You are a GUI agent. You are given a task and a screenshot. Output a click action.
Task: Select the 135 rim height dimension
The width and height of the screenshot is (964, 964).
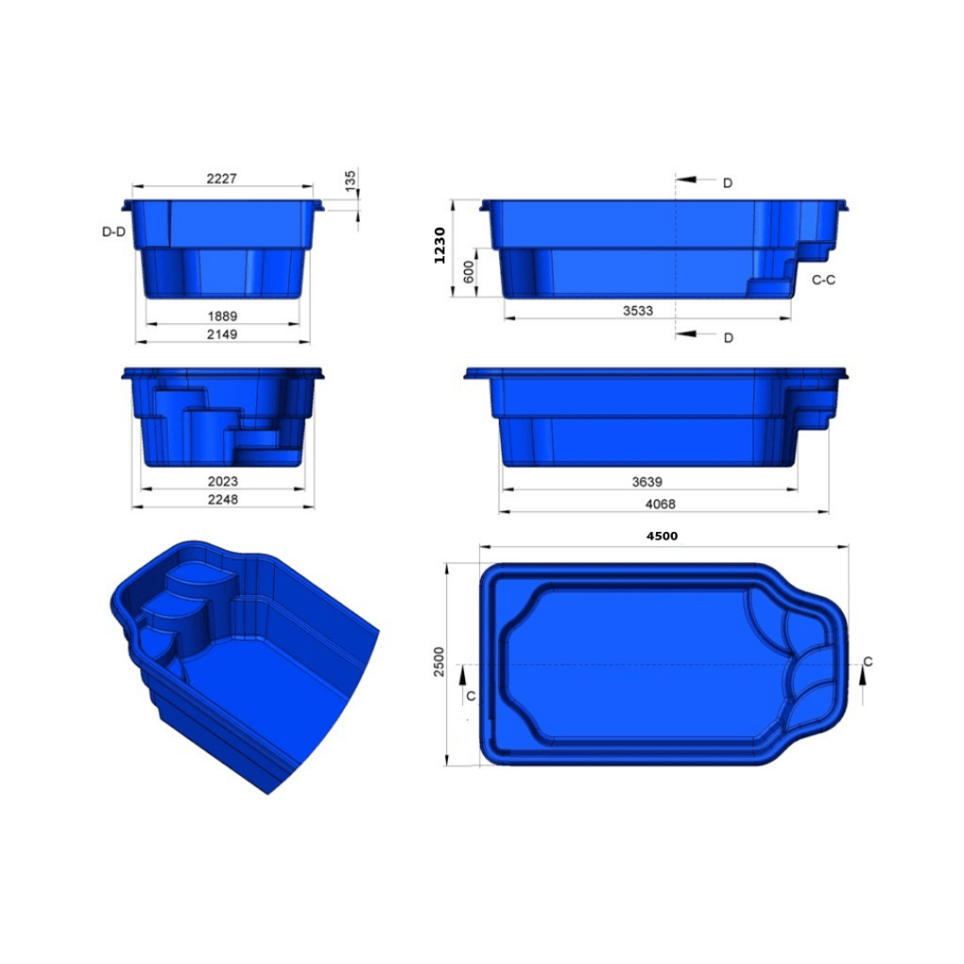pos(350,181)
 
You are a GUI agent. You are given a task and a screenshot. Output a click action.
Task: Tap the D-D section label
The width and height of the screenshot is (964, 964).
pos(113,231)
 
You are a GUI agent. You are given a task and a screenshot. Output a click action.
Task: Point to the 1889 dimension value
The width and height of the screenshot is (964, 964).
pos(222,316)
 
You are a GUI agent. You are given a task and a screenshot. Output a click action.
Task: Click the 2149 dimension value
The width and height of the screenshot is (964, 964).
pos(222,334)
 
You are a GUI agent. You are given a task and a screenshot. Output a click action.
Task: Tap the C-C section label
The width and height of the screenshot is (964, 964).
pos(824,280)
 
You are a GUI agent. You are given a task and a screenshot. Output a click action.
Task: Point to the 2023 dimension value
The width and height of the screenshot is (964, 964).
pos(222,482)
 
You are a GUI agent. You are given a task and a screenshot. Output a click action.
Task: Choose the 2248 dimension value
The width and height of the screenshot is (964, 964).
pos(222,500)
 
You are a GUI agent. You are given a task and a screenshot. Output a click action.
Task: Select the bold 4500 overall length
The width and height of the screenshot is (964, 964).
pos(662,536)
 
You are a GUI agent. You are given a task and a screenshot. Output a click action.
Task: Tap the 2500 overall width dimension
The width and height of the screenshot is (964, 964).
pos(439,665)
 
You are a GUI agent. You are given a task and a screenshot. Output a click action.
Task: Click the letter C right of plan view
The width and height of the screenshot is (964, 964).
pos(867,662)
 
